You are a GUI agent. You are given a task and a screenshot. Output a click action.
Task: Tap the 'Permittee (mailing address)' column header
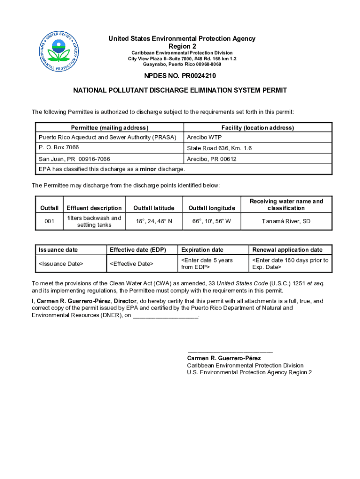click(x=109, y=128)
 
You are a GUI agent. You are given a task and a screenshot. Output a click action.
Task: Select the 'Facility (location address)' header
click(x=258, y=128)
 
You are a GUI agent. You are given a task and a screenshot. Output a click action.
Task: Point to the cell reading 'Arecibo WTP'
click(x=204, y=138)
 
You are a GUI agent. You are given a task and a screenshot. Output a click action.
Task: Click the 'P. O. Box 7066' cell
click(x=58, y=147)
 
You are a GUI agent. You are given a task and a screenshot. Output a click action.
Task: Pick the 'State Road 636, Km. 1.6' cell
click(x=219, y=148)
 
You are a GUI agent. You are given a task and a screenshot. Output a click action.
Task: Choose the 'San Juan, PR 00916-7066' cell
click(x=74, y=159)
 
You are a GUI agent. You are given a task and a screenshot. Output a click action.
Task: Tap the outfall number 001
click(x=49, y=221)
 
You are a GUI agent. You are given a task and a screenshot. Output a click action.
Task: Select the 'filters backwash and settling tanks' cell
click(x=94, y=221)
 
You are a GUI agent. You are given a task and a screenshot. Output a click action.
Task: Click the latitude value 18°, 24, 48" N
click(x=154, y=221)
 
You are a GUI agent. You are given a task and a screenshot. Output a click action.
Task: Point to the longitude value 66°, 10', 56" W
click(x=211, y=221)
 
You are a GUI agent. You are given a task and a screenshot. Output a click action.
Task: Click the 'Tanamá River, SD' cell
click(x=286, y=221)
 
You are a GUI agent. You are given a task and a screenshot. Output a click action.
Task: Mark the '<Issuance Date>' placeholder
click(x=61, y=264)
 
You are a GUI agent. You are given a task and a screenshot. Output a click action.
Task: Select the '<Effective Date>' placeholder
click(x=131, y=264)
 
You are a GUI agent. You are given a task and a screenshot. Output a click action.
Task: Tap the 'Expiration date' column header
click(x=202, y=250)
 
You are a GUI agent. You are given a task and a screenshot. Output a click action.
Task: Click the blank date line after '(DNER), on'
click(x=166, y=317)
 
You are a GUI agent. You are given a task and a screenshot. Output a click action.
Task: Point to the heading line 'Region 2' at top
click(x=182, y=46)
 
